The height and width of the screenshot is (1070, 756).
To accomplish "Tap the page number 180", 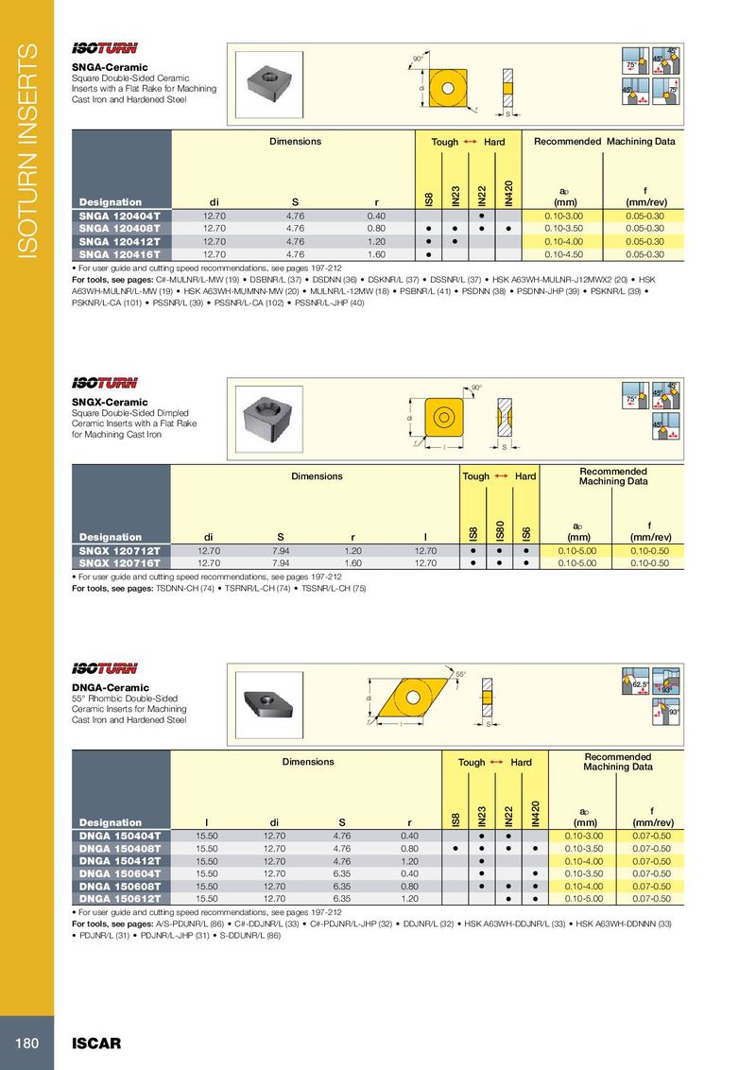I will (x=26, y=1044).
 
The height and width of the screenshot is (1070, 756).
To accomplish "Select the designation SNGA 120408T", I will (x=120, y=228).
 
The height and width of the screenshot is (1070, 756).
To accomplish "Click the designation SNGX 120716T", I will (x=120, y=562).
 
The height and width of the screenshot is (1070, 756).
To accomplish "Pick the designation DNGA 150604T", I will (x=120, y=873).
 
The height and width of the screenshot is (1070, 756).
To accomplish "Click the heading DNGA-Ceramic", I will (x=111, y=687).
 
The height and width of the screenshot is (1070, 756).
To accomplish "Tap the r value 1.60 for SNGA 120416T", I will (x=376, y=254).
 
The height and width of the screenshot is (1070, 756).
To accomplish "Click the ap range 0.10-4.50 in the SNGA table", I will (x=565, y=254).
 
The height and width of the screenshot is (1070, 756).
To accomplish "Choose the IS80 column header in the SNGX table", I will (x=501, y=531).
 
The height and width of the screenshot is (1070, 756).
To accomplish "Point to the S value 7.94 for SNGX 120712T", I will (x=281, y=550).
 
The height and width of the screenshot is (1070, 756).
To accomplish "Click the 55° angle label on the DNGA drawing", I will (x=461, y=674).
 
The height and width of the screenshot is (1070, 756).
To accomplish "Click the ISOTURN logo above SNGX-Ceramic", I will (x=105, y=383).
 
